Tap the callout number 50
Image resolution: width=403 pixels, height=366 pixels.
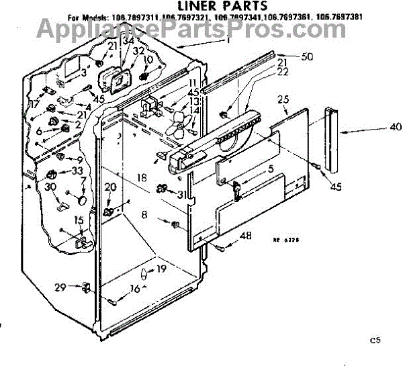(x=307, y=57)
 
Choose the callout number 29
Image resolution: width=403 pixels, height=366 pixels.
(x=60, y=287)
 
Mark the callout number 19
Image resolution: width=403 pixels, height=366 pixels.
(x=161, y=269)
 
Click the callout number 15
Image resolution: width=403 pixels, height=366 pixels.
(x=79, y=220)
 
